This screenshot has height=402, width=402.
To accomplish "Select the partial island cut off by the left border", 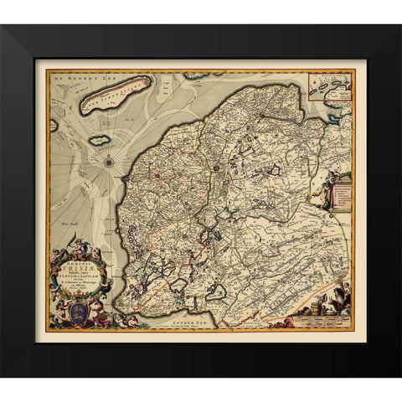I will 53,126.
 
